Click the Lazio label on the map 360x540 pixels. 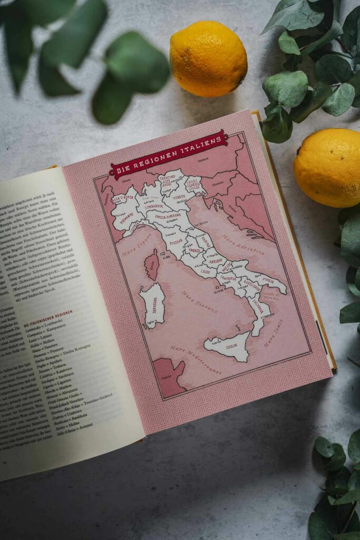pyautogui.click(x=205, y=271)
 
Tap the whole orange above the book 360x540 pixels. pyautogui.click(x=208, y=59)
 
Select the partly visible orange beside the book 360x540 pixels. pyautogui.click(x=327, y=167)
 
